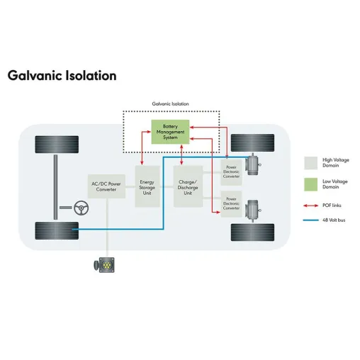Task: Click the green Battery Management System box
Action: pyautogui.click(x=170, y=132)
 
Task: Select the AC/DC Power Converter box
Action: pyautogui.click(x=106, y=186)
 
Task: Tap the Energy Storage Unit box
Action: pyautogui.click(x=147, y=186)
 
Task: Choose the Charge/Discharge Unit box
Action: pyautogui.click(x=188, y=186)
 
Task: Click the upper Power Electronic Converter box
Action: pyautogui.click(x=231, y=172)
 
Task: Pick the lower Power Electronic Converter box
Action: pyautogui.click(x=231, y=204)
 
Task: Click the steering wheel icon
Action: pyautogui.click(x=81, y=208)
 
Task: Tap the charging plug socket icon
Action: pyautogui.click(x=104, y=265)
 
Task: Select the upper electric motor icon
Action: pyautogui.click(x=252, y=164)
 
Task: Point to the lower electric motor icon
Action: pyautogui.click(x=252, y=210)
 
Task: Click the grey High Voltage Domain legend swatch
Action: pyautogui.click(x=310, y=163)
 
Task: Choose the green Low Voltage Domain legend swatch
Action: pyautogui.click(x=310, y=184)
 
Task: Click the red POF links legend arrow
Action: pyautogui.click(x=311, y=206)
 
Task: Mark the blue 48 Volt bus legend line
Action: pyautogui.click(x=311, y=220)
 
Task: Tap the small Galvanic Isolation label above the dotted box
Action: pyautogui.click(x=170, y=103)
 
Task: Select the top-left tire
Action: pyautogui.click(x=57, y=145)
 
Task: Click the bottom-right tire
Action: pyautogui.click(x=252, y=232)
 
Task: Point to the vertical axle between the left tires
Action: pyautogui.click(x=55, y=187)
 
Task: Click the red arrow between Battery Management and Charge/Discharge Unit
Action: pyautogui.click(x=181, y=154)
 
